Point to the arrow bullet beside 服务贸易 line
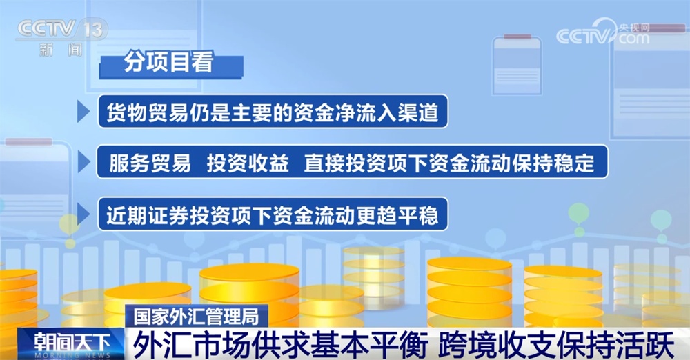pos(83,163)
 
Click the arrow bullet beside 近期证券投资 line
pos(83,214)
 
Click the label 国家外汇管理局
pos(196,317)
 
